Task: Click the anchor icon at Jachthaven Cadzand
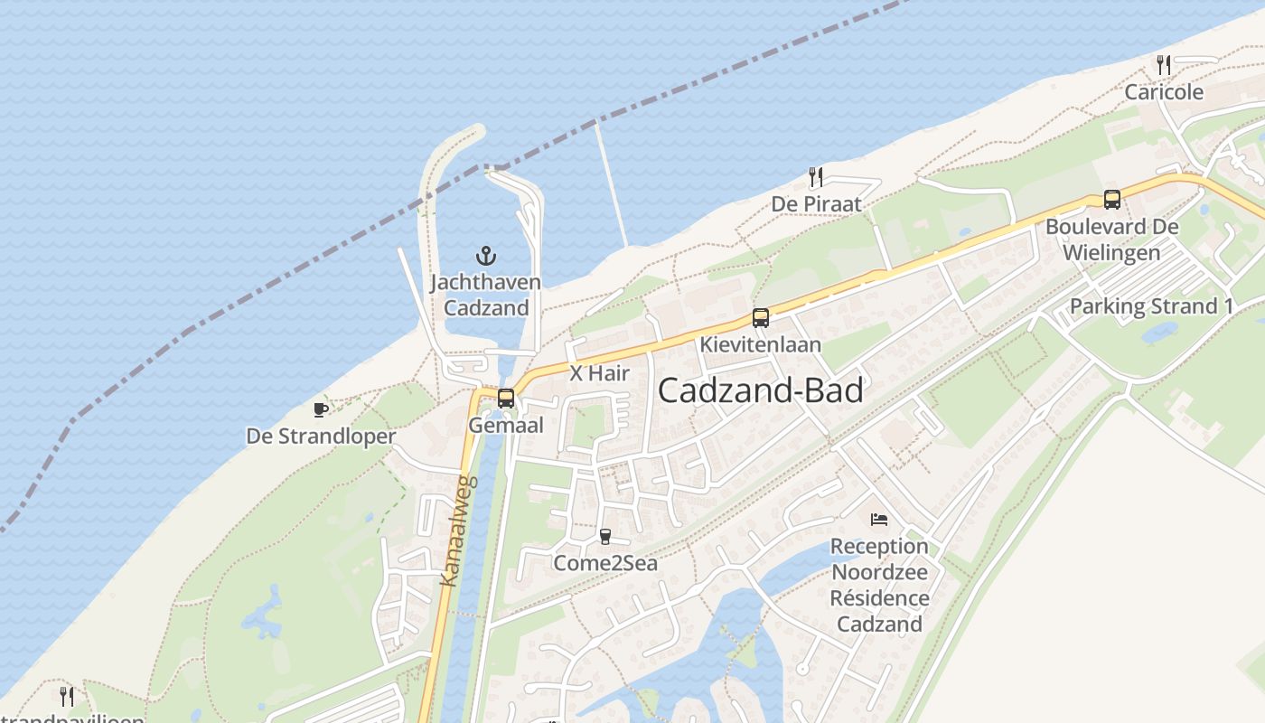(486, 256)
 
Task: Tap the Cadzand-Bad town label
(760, 390)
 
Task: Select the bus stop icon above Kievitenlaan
(761, 318)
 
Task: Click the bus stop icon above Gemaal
(506, 398)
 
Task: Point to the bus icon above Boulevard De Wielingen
(1112, 200)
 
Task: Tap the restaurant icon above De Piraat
(816, 177)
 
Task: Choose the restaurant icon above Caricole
(1164, 65)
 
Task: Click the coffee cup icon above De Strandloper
(321, 410)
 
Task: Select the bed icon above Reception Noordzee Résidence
(879, 520)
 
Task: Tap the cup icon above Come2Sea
(605, 537)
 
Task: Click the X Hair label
(599, 372)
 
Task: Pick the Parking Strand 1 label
(1151, 306)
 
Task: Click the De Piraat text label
(816, 204)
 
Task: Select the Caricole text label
(1164, 92)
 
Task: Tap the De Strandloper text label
(321, 437)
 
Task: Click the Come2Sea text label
(605, 564)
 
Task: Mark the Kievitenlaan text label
(761, 344)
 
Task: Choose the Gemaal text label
(506, 425)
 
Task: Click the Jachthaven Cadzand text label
(486, 295)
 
